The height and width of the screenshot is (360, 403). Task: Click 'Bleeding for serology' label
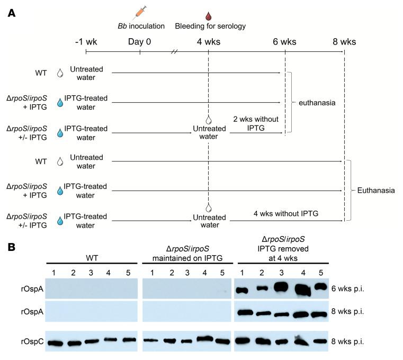pos(210,25)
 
